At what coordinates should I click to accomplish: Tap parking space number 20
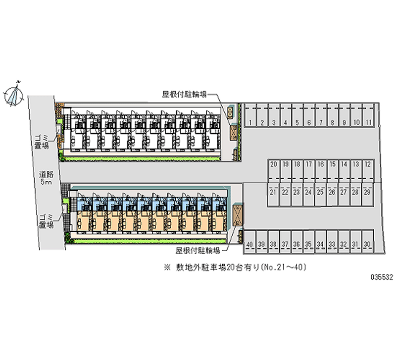click(x=274, y=164)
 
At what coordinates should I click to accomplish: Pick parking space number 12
click(x=368, y=164)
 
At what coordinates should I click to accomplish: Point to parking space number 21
click(x=274, y=192)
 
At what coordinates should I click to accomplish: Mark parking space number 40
click(x=250, y=245)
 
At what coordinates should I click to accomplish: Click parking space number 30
click(x=367, y=245)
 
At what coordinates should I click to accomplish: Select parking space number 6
click(x=309, y=122)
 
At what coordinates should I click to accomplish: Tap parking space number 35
click(x=309, y=245)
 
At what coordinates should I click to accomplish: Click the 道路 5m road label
click(x=46, y=178)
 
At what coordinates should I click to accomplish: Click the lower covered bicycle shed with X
click(x=237, y=214)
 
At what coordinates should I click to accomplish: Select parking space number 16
click(x=321, y=164)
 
